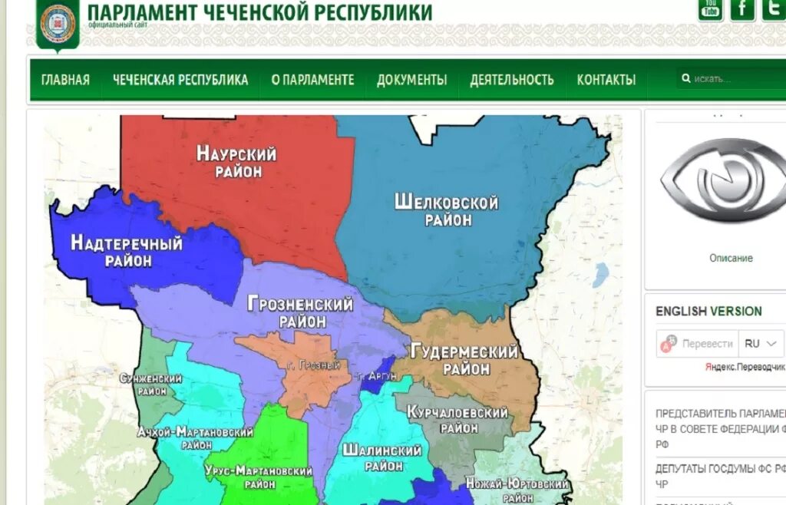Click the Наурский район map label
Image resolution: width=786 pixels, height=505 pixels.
[236, 162]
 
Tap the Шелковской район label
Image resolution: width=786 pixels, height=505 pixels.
[446, 210]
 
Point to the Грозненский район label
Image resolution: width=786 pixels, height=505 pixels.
[300, 312]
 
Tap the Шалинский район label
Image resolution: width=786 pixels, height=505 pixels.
[383, 457]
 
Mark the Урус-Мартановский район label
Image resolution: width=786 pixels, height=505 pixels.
[259, 477]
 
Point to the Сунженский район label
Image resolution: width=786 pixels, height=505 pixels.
[151, 385]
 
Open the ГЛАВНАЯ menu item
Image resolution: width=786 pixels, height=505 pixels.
[65, 80]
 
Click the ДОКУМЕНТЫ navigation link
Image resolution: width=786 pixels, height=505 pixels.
[411, 80]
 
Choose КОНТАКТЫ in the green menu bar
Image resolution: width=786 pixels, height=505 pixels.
[606, 80]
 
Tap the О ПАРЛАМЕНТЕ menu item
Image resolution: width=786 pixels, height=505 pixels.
[312, 80]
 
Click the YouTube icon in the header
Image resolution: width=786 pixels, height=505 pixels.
[710, 9]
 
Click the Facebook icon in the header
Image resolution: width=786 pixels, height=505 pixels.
[742, 9]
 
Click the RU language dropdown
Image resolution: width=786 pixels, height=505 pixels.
[761, 344]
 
